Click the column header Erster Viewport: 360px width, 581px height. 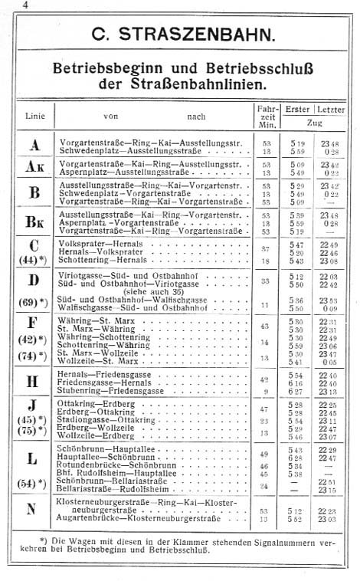click(x=296, y=110)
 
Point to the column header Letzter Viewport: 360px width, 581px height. click(x=331, y=110)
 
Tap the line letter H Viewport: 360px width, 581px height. click(x=34, y=381)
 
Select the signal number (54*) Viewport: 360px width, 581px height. click(x=34, y=484)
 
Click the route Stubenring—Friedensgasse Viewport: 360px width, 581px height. click(x=105, y=390)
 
